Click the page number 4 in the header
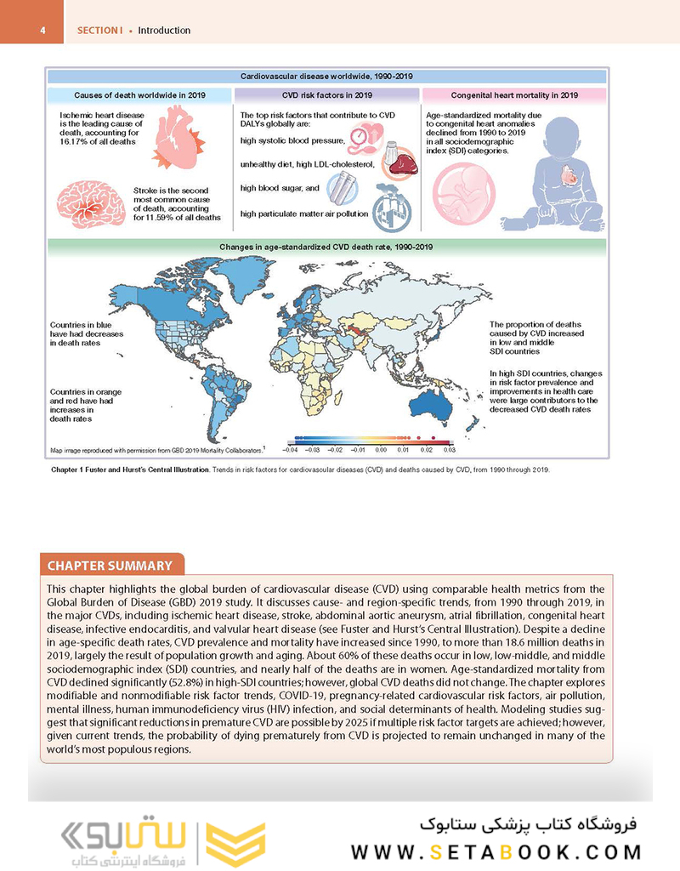tap(42, 31)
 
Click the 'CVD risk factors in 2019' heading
tap(327, 94)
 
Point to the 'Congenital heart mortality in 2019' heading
tap(514, 94)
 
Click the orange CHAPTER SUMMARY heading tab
tap(110, 566)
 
